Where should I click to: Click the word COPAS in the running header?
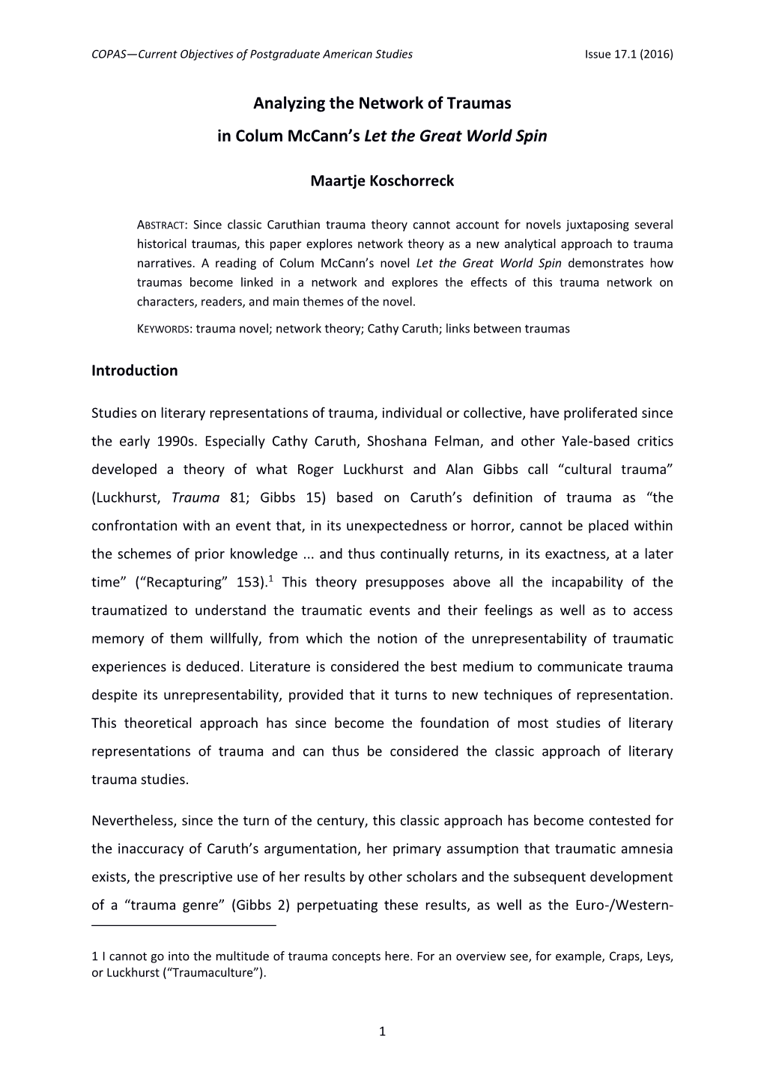point(108,55)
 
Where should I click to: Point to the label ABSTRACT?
point(163,225)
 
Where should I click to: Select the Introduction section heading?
point(135,371)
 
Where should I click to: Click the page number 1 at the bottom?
point(382,1031)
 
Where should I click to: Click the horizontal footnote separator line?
point(184,926)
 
